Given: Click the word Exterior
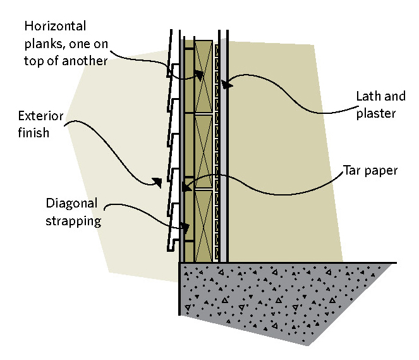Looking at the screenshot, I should [41, 116].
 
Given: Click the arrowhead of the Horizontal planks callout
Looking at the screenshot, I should [200, 76].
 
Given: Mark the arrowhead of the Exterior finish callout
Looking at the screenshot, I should [158, 183].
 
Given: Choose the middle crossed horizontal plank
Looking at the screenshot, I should [203, 151].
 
